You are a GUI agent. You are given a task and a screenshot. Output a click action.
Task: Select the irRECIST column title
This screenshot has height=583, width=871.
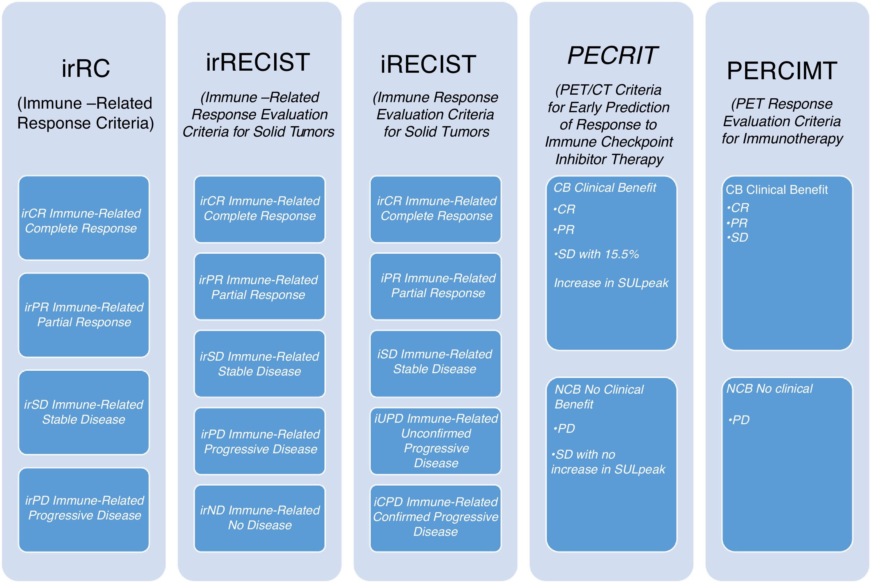click(258, 62)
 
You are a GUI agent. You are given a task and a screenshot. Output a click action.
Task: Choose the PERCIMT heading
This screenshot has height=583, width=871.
click(782, 71)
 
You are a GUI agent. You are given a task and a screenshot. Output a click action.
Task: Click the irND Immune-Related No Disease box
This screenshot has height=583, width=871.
click(260, 518)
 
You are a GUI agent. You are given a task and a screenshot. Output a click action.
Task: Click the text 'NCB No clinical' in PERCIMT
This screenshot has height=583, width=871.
click(769, 389)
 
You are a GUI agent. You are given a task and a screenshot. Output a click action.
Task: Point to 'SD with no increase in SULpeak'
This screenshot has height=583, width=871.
click(608, 462)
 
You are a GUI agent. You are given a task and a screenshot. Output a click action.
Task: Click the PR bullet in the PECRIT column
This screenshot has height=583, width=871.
click(564, 230)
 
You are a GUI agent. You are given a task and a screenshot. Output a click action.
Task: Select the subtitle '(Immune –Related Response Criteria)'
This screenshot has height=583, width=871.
click(85, 113)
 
